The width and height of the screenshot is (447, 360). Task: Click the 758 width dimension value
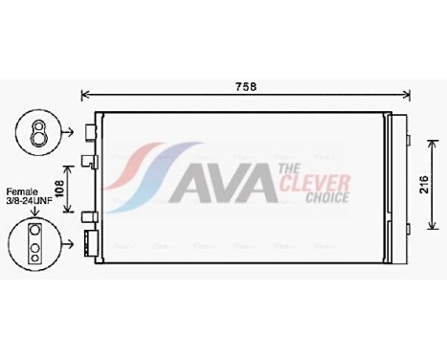246,86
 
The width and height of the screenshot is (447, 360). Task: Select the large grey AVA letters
222,184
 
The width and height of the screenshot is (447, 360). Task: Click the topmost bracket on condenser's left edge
90,130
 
